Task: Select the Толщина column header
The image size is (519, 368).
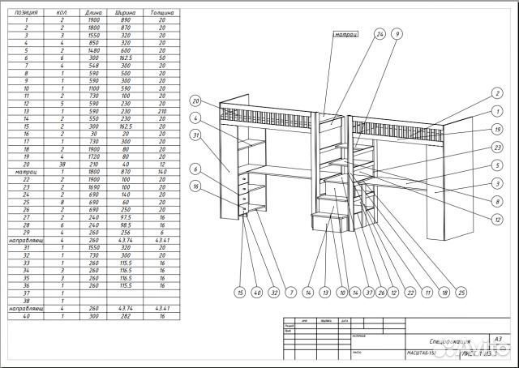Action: point(162,14)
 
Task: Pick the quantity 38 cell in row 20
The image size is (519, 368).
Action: point(62,165)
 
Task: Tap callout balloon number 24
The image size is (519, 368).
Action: point(380,35)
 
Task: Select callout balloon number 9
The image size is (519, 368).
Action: point(397,35)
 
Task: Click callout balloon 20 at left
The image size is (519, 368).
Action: point(195,101)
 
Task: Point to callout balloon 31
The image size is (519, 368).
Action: point(195,135)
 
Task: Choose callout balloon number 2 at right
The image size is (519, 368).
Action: point(498,94)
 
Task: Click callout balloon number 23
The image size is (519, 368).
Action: point(498,147)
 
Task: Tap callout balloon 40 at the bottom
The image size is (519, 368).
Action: point(256,292)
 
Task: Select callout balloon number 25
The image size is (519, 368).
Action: point(461,292)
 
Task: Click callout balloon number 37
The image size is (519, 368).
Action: point(369,292)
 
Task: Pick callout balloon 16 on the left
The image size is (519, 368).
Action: point(195,186)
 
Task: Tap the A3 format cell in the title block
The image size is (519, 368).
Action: point(498,339)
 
